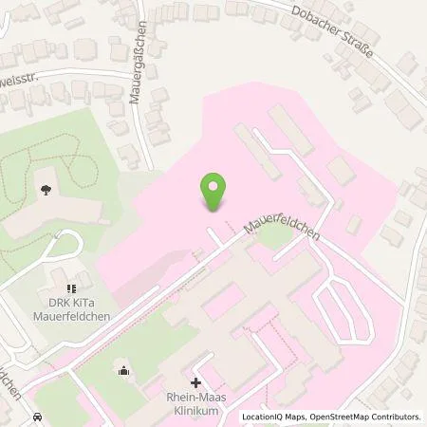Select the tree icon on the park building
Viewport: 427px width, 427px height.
coord(46,190)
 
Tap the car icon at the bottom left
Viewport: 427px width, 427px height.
coord(37,417)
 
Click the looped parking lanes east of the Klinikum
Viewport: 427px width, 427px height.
coord(344,304)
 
